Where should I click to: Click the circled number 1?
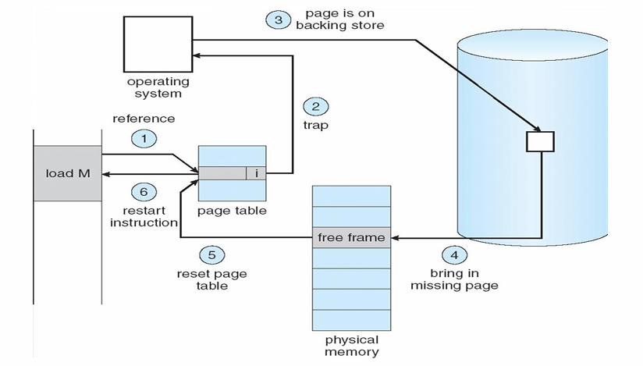point(144,140)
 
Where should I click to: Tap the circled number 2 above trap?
point(315,107)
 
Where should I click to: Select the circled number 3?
point(279,20)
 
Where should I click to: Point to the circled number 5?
point(211,255)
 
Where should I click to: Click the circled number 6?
point(144,191)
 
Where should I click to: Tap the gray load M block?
point(67,173)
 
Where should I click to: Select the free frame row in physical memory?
point(350,237)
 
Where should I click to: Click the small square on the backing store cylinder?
point(540,141)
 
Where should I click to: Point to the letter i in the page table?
point(256,173)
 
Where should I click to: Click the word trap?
point(314,125)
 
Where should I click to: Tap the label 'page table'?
point(232,211)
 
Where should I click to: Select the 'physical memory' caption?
point(351,346)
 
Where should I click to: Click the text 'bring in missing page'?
point(464,279)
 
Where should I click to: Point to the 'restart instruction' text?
point(144,216)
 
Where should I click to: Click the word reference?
point(144,119)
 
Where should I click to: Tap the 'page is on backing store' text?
point(339,20)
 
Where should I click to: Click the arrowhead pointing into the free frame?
point(393,237)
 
